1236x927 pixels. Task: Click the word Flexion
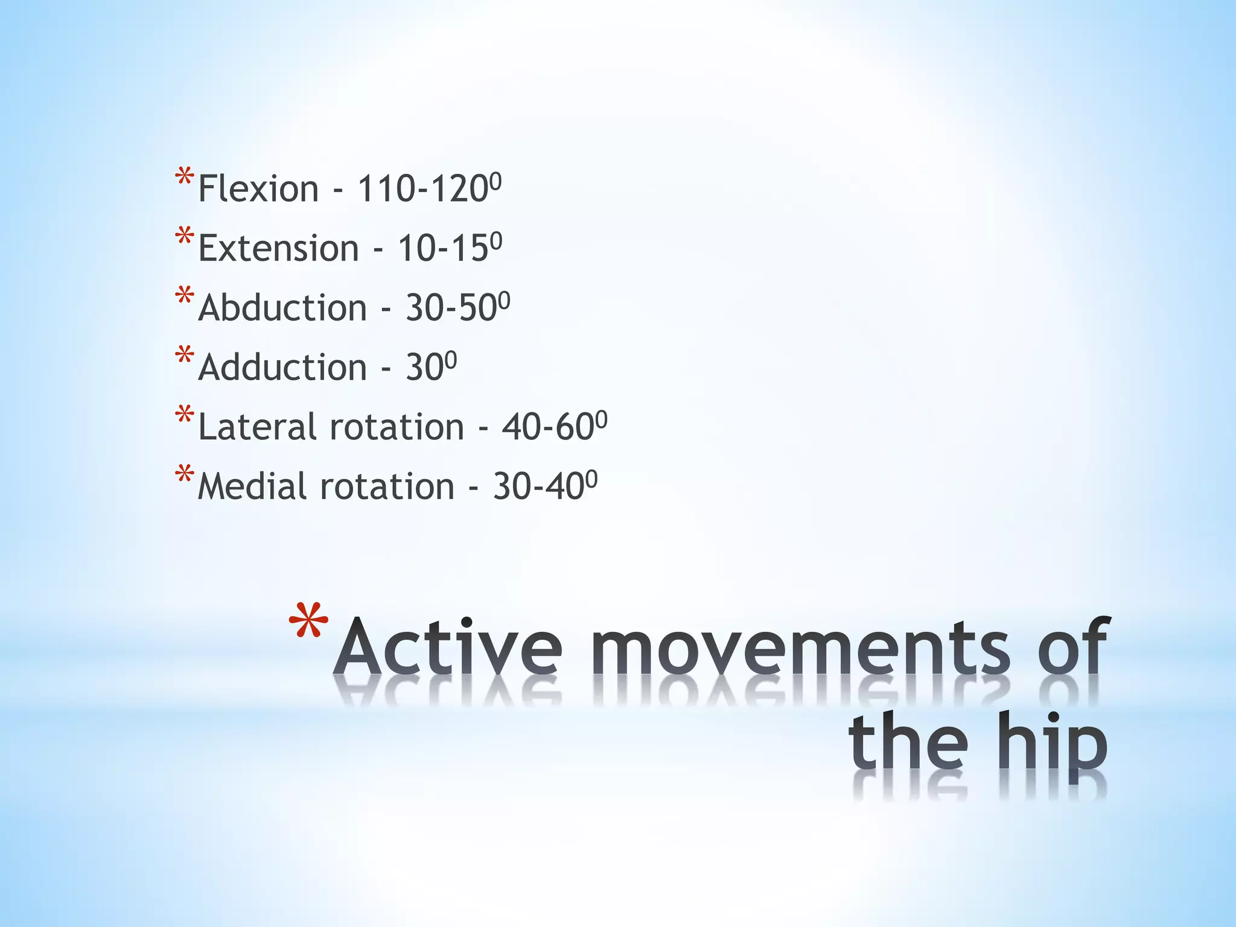click(x=258, y=189)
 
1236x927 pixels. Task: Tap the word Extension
click(x=278, y=249)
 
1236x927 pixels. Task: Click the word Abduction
click(x=282, y=308)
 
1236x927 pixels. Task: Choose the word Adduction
click(x=282, y=368)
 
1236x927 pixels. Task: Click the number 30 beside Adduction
click(x=425, y=368)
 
